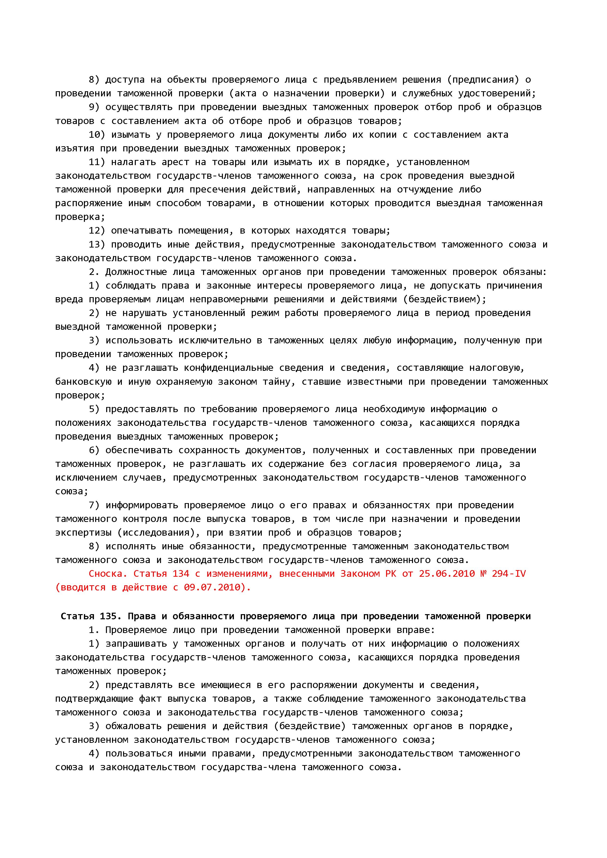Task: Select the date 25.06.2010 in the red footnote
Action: click(447, 574)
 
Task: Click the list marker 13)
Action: click(97, 244)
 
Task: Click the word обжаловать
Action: click(133, 726)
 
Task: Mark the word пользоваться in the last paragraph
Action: click(139, 753)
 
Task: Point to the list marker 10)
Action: click(97, 135)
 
